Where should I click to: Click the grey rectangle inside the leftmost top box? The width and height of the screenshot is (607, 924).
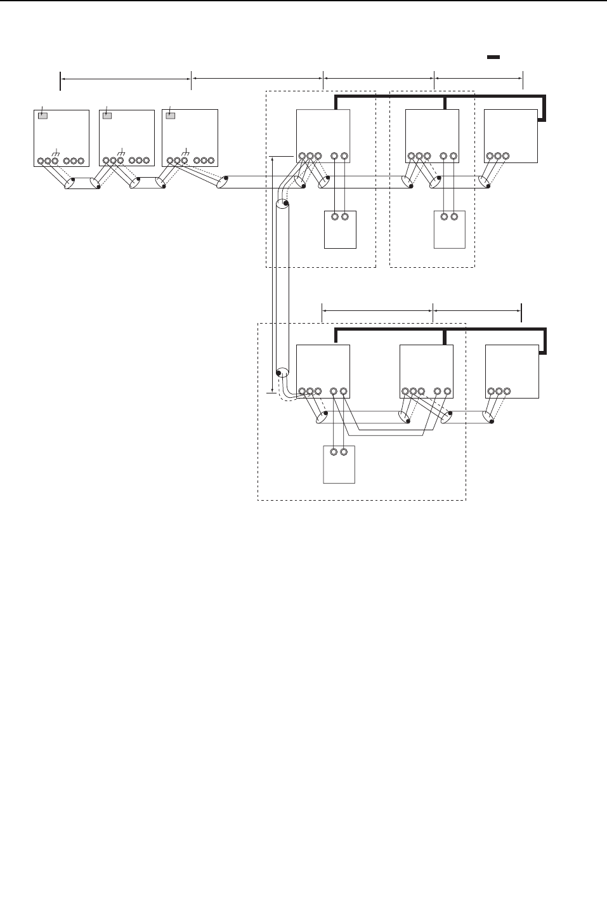point(42,115)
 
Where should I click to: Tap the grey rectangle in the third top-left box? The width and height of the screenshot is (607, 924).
point(171,115)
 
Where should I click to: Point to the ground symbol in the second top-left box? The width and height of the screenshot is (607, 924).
point(121,153)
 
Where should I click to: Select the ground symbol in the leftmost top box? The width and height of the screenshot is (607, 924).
point(56,153)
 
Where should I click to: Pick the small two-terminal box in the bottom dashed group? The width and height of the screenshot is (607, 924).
point(339,464)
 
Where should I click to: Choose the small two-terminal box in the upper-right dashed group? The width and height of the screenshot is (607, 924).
point(450,229)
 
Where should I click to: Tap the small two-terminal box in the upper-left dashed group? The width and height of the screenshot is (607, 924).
point(340,229)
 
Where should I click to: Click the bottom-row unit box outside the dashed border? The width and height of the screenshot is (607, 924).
point(512,371)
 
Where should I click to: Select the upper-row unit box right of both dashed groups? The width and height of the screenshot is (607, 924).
point(511,136)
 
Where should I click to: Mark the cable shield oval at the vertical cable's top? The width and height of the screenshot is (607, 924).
point(282,204)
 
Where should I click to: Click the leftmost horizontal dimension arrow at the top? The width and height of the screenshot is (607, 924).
point(126,79)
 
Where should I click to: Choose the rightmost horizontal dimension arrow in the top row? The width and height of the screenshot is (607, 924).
point(478,79)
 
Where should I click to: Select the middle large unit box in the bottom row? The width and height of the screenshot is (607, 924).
point(426,371)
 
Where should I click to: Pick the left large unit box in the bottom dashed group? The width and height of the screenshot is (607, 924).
point(323,371)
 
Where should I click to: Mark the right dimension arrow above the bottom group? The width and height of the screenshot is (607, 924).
point(477,310)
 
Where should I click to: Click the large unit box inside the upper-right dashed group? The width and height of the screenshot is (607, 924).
point(431,136)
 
